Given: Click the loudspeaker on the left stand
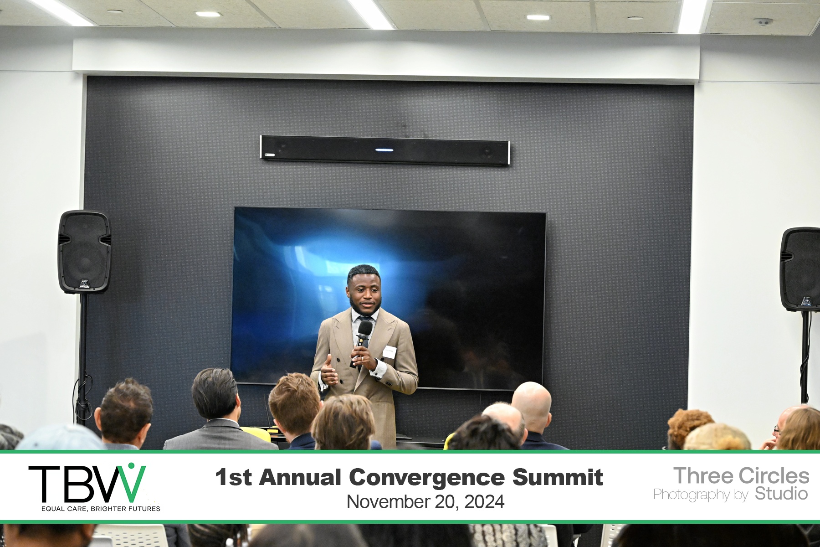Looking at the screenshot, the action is (84, 251).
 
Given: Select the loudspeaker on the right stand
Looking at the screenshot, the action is (800, 269).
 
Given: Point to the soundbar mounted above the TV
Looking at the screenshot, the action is (385, 150).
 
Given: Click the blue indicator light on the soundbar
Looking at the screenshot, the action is (384, 150).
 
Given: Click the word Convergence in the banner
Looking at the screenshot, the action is (427, 477).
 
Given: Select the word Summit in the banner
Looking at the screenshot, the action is (558, 477).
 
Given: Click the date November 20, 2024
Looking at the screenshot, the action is (425, 502).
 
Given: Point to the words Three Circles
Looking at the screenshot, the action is (741, 475).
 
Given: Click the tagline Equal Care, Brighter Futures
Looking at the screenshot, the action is (101, 508).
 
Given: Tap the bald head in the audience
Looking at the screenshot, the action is (531, 403).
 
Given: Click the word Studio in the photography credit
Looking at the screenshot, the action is (781, 494).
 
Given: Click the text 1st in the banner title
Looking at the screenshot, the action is (233, 477).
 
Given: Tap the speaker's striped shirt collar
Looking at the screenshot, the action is (364, 315).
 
